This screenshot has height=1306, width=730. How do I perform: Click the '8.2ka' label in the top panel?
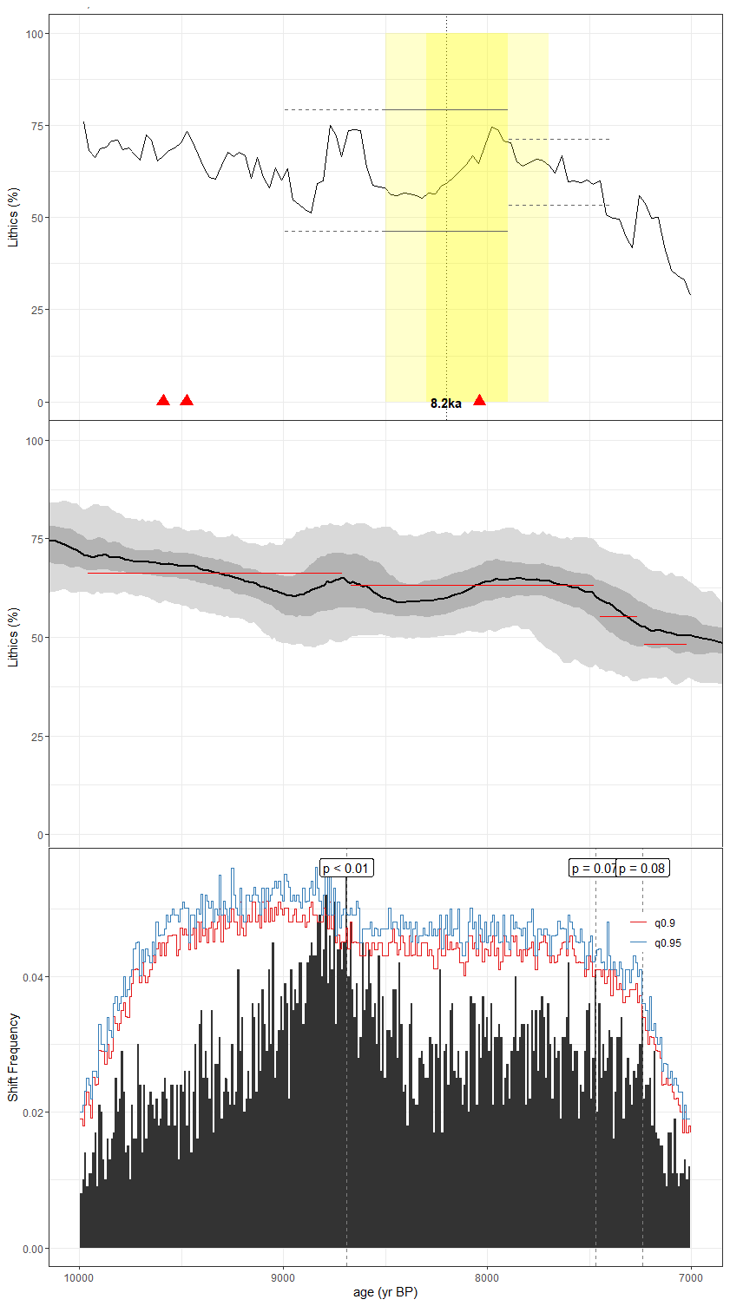pyautogui.click(x=446, y=404)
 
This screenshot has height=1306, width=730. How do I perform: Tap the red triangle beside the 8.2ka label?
pyautogui.click(x=479, y=400)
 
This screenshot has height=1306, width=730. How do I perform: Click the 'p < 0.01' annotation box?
pyautogui.click(x=346, y=869)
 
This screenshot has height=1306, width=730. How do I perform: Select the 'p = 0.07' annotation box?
pyautogui.click(x=593, y=869)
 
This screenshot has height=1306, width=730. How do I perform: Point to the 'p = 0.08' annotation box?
pyautogui.click(x=642, y=869)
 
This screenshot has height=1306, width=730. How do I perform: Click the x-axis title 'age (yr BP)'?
pyautogui.click(x=385, y=1292)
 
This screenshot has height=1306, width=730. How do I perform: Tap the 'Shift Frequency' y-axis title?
pyautogui.click(x=13, y=1057)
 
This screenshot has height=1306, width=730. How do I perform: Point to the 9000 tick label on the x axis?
pyautogui.click(x=283, y=1277)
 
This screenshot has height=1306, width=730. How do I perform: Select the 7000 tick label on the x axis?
pyautogui.click(x=690, y=1277)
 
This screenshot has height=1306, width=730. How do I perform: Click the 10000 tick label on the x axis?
pyautogui.click(x=80, y=1277)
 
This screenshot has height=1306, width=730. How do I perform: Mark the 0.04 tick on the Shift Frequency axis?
pyautogui.click(x=33, y=977)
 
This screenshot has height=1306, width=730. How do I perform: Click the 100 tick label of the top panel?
pyautogui.click(x=35, y=34)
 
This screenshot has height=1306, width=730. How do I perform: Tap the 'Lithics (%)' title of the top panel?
pyautogui.click(x=13, y=217)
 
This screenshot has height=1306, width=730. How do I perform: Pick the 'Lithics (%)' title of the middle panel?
pyautogui.click(x=13, y=637)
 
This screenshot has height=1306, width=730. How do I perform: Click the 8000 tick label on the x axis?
pyautogui.click(x=487, y=1277)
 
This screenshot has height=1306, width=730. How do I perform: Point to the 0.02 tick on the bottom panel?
pyautogui.click(x=33, y=1112)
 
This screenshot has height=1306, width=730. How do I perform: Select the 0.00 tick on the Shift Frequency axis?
pyautogui.click(x=33, y=1249)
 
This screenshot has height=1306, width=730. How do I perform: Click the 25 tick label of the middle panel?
pyautogui.click(x=37, y=737)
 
